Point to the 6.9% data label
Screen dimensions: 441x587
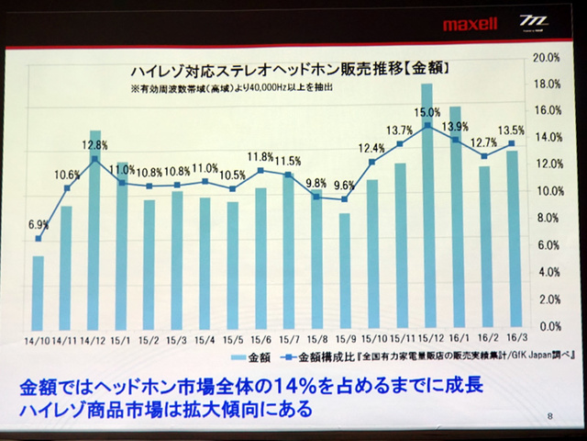click(x=39, y=224)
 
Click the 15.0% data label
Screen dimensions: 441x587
click(x=426, y=112)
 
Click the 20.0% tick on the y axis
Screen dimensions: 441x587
click(x=546, y=57)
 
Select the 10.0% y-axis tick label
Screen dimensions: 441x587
click(x=546, y=192)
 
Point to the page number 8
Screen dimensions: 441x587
click(x=548, y=416)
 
